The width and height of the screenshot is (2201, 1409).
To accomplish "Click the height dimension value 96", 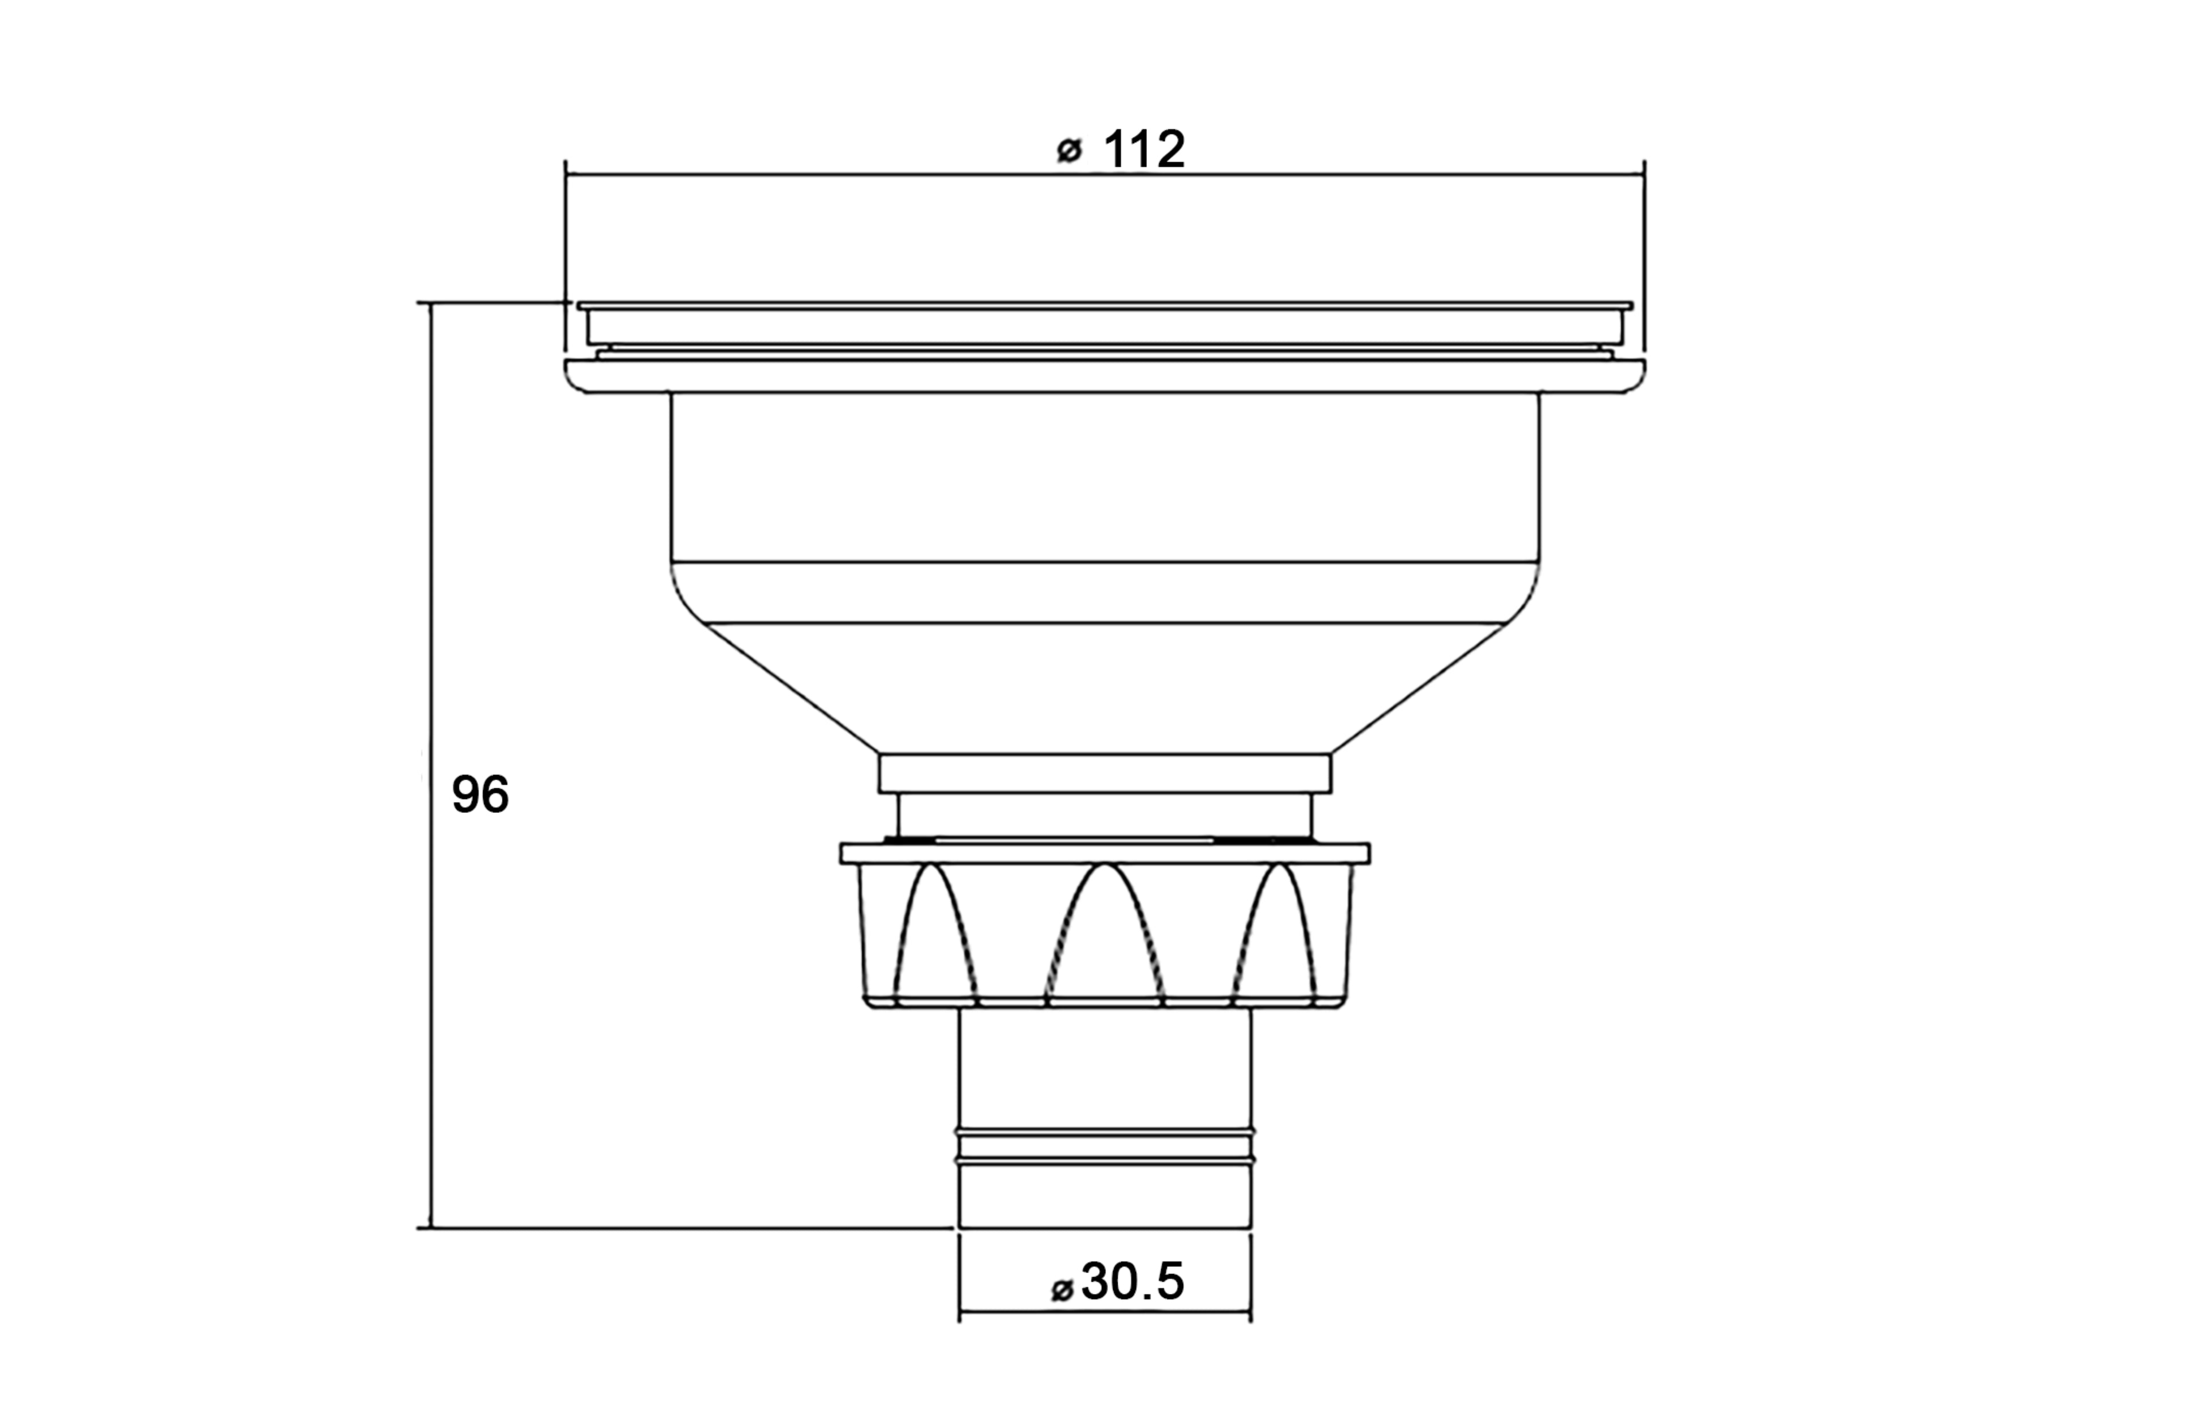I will coord(480,794).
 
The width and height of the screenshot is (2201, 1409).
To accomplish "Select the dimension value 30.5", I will coord(1133,1281).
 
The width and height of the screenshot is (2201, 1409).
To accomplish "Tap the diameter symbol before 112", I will coord(1068,151).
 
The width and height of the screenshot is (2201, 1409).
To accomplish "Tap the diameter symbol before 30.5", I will coord(1062,1290).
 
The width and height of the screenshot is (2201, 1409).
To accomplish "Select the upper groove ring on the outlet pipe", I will coord(1105,1133).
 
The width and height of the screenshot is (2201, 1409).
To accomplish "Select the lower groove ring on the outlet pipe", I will coord(1105,1160).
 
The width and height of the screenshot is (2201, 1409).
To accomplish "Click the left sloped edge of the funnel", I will coord(792,688).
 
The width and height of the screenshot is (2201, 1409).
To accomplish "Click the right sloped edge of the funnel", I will coord(1420,688).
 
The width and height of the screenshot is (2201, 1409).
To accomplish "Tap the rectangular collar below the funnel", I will coord(1105,773).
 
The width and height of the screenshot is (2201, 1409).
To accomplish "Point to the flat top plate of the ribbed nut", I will coord(1105,854).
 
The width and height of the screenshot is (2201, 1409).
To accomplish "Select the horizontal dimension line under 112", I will coord(823,173).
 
